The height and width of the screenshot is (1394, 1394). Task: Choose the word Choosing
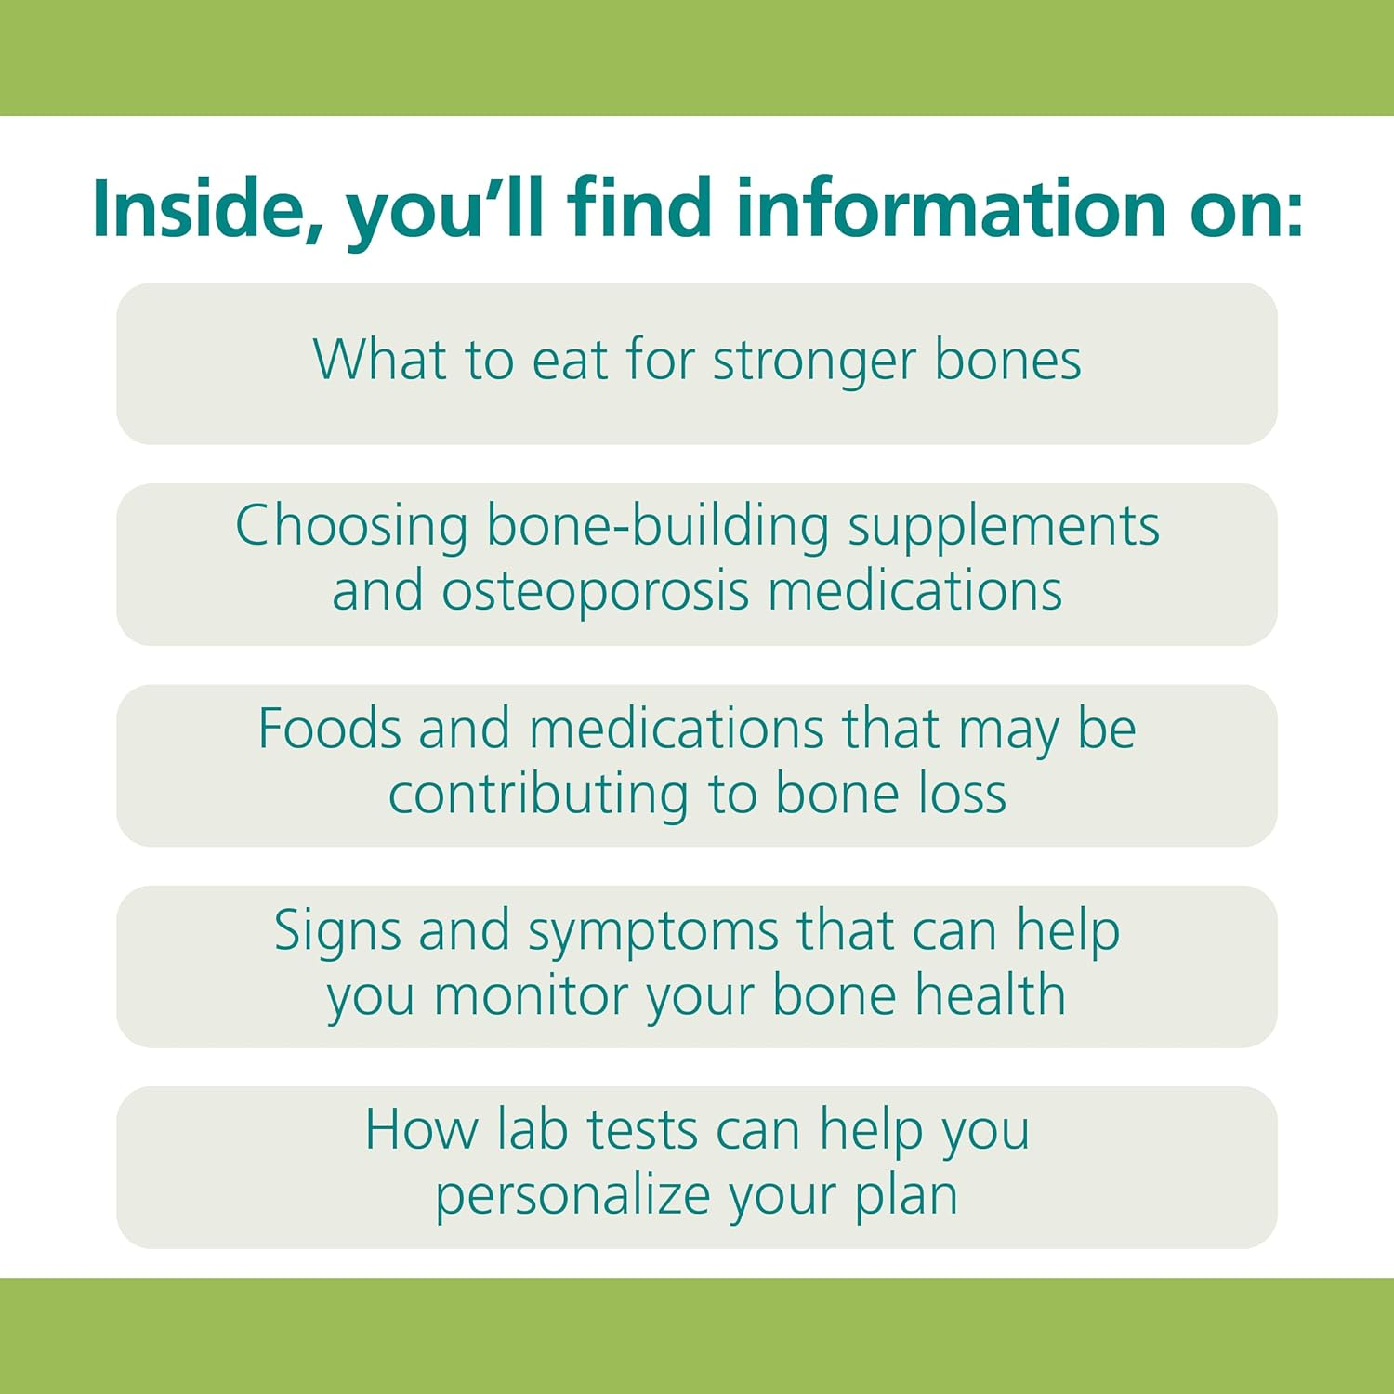351,528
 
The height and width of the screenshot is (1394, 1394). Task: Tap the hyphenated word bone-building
658,528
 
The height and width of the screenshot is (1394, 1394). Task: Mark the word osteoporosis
595,593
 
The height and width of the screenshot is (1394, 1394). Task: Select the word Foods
329,729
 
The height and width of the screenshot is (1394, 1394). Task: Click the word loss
963,795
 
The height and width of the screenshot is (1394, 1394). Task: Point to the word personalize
572,1197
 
